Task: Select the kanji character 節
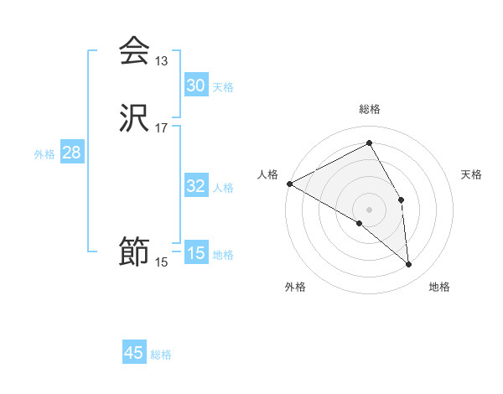134,251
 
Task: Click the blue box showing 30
195,86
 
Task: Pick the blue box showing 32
195,186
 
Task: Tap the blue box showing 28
71,153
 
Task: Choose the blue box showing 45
134,353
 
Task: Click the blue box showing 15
195,253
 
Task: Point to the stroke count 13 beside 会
161,61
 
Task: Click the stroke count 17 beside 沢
161,128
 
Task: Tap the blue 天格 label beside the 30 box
223,87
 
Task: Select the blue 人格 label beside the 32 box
223,188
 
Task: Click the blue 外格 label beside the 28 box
44,154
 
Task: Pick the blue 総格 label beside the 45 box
161,355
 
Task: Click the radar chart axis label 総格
370,109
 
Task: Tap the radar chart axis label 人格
267,174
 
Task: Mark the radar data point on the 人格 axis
289,184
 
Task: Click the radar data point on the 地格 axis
408,264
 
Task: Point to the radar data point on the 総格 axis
370,144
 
